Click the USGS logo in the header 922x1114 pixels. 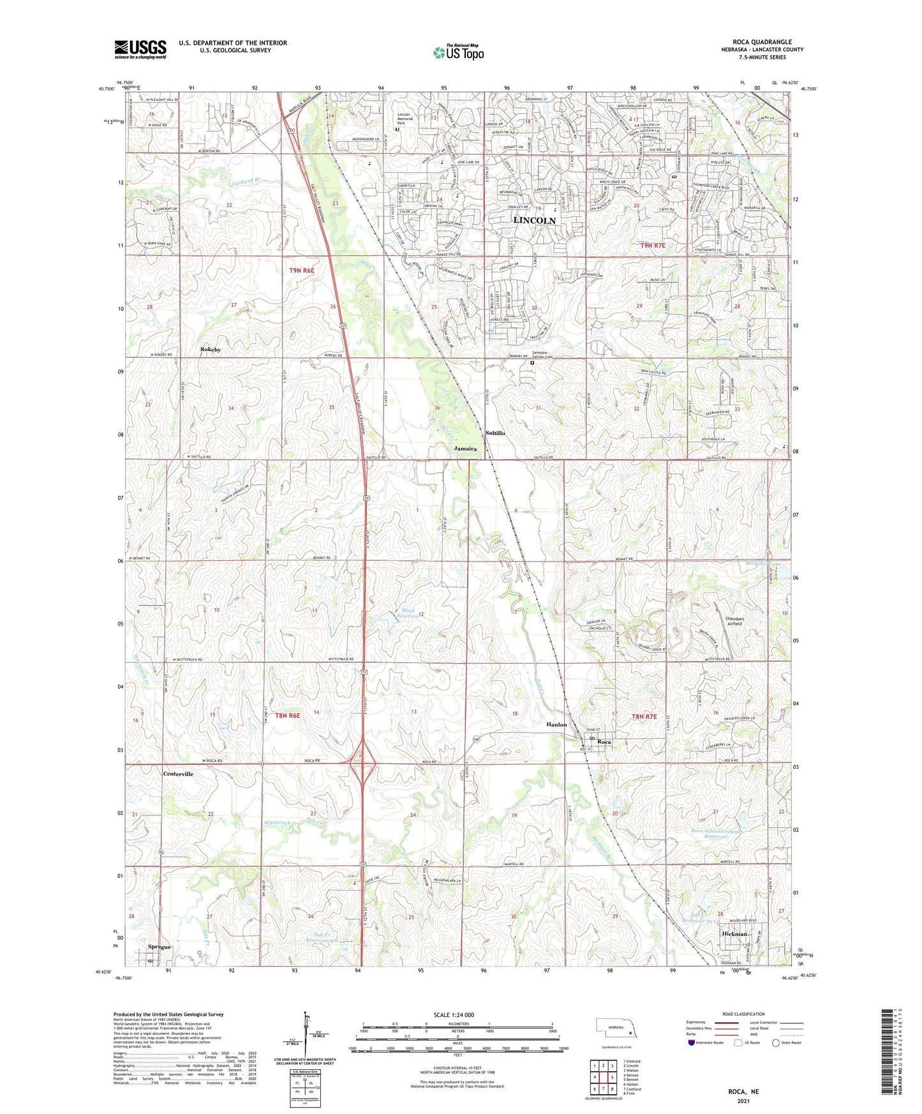140,49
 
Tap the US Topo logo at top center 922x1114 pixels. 458,52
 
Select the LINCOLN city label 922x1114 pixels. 534,220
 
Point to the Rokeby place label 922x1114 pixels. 211,350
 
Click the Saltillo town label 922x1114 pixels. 495,433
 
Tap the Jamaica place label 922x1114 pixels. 465,449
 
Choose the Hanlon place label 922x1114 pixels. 556,725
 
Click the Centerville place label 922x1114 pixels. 178,774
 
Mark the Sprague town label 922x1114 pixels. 159,947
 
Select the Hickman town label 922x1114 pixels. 734,933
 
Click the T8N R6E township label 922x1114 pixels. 287,716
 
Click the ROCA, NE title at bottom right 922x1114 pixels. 743,1092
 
